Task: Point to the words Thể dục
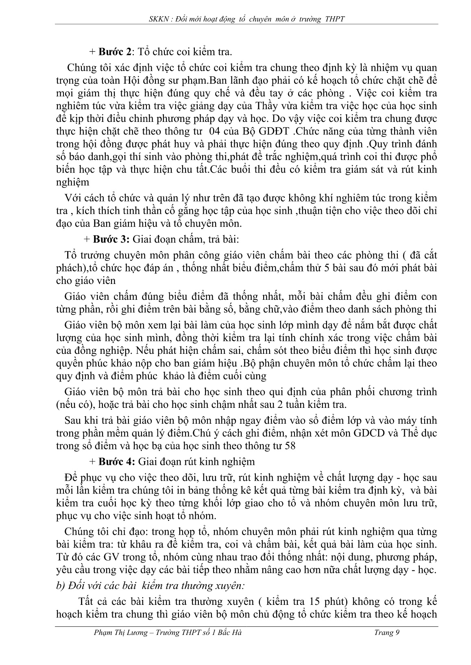(x=423, y=433)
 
